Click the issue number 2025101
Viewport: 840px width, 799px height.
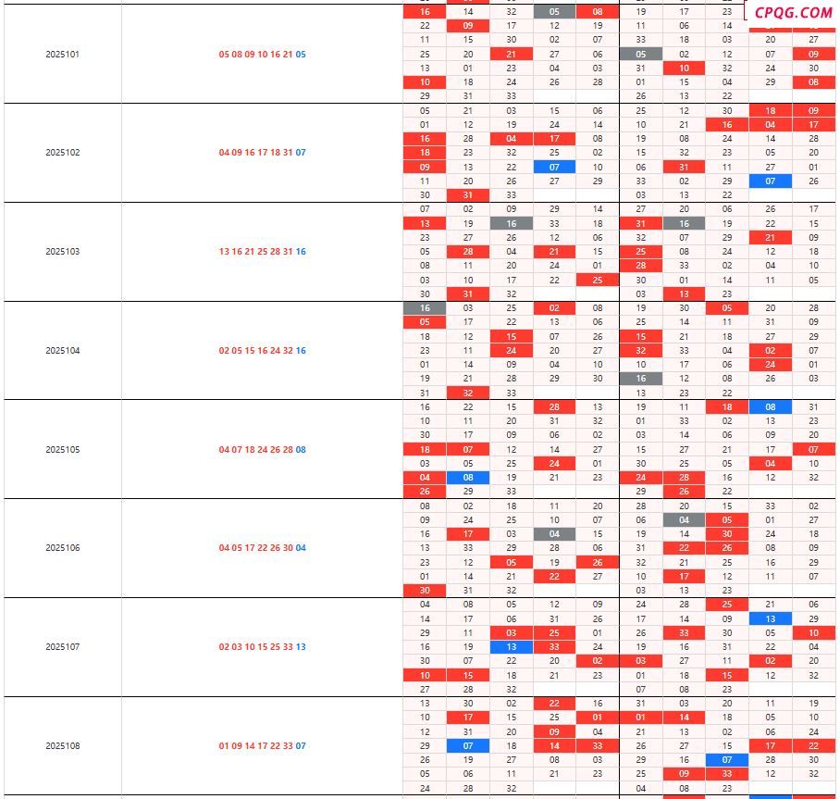[62, 55]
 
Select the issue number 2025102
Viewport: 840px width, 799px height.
[62, 153]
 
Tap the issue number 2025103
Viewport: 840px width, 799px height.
[62, 252]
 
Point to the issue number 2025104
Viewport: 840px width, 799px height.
[62, 351]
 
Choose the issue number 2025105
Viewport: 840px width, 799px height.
[62, 450]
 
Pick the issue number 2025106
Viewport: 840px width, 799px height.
[62, 548]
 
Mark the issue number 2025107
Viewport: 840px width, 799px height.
[62, 647]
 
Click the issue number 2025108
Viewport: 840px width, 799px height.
[62, 746]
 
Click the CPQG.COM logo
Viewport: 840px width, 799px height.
[793, 12]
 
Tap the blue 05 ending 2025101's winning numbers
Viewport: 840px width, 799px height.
[301, 55]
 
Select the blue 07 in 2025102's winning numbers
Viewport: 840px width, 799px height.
[301, 153]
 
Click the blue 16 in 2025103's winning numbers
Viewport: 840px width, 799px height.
[301, 252]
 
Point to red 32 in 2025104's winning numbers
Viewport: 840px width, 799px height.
[288, 351]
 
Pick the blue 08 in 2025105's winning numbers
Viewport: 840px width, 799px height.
[301, 450]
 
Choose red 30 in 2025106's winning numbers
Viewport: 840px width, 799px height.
[288, 548]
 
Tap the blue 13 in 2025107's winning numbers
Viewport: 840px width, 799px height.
[301, 647]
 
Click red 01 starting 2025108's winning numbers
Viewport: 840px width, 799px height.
[224, 746]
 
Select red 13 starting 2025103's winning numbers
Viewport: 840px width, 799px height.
[224, 252]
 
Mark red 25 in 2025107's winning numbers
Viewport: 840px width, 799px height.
[275, 647]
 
